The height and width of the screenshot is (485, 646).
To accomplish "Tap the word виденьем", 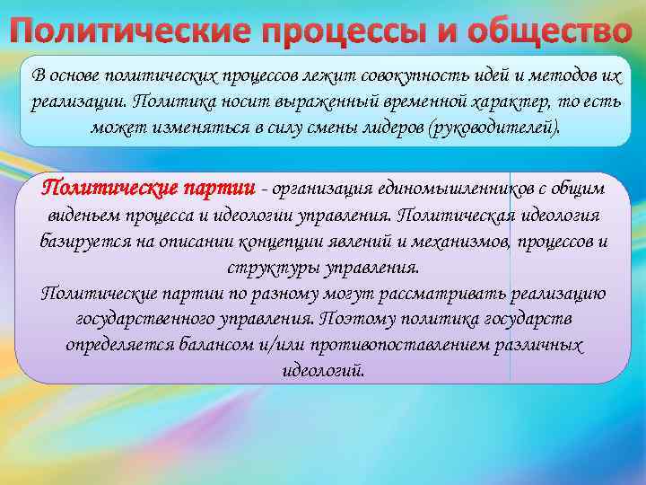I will pyautogui.click(x=81, y=216).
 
